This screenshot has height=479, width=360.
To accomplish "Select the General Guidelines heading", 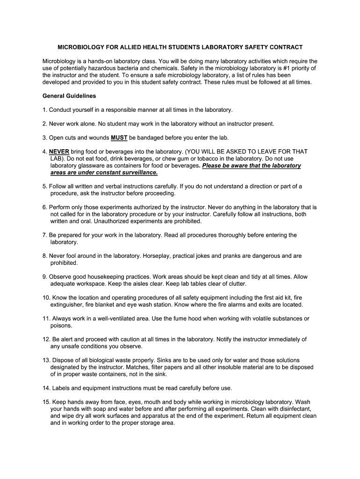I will [69, 96].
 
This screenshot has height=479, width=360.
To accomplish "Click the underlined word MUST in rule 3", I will [116, 138].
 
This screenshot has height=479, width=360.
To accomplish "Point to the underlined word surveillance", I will [137, 173].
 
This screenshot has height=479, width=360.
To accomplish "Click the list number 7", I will [44, 235].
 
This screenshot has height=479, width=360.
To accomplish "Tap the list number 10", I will [46, 298].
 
